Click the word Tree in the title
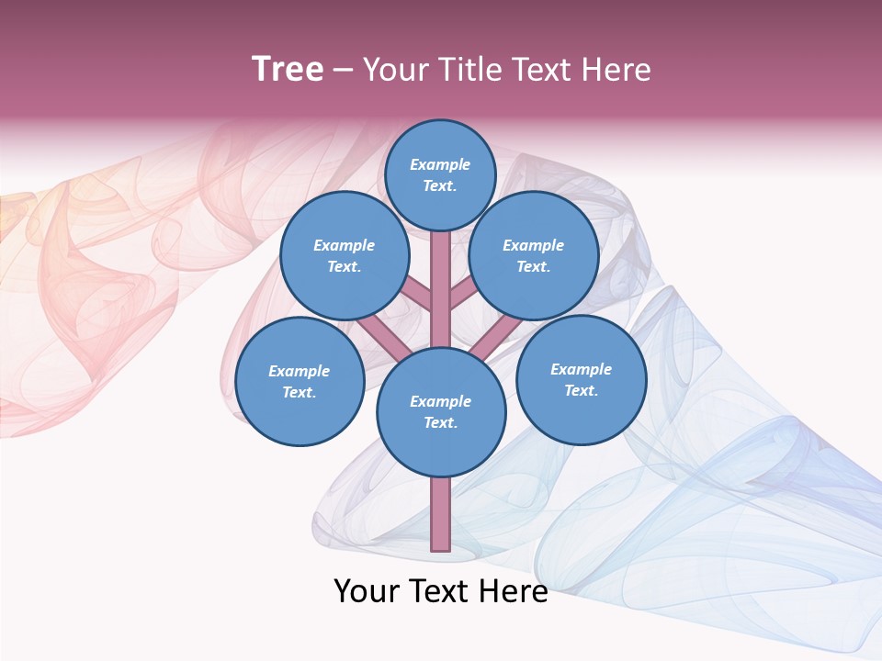click(288, 69)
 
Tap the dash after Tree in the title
click(343, 71)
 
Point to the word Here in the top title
click(617, 69)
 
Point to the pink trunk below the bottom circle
click(441, 514)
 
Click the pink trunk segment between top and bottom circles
click(441, 289)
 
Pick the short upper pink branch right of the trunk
click(462, 295)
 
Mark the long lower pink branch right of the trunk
click(497, 336)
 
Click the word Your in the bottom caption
click(366, 590)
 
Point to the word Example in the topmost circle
click(440, 164)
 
